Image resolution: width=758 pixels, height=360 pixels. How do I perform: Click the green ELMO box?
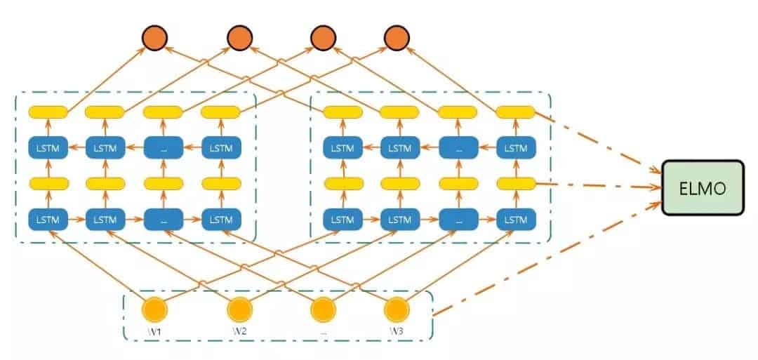707,188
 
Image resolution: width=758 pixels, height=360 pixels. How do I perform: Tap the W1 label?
154,329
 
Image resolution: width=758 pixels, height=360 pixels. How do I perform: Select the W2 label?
239,329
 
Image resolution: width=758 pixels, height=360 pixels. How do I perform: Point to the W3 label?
397,329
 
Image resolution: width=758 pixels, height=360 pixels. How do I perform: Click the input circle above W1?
154,309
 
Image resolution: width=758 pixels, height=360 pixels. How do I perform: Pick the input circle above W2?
239,309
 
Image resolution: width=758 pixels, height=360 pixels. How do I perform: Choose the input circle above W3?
397,309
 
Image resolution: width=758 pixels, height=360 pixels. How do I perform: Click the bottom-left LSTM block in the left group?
48,220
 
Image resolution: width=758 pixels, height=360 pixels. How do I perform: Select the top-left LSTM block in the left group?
48,147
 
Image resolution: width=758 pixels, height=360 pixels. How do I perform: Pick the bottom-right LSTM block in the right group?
516,220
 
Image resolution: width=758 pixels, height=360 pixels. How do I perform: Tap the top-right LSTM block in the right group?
516,147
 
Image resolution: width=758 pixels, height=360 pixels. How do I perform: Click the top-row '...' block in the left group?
163,147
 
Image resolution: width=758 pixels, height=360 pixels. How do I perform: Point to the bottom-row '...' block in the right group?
458,220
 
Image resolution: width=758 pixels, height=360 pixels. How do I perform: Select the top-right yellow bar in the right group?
515,112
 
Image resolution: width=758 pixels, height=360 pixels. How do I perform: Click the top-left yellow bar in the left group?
48,112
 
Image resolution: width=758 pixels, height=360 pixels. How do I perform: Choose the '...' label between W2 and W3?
323,329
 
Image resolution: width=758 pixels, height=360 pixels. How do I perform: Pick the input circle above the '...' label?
322,309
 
